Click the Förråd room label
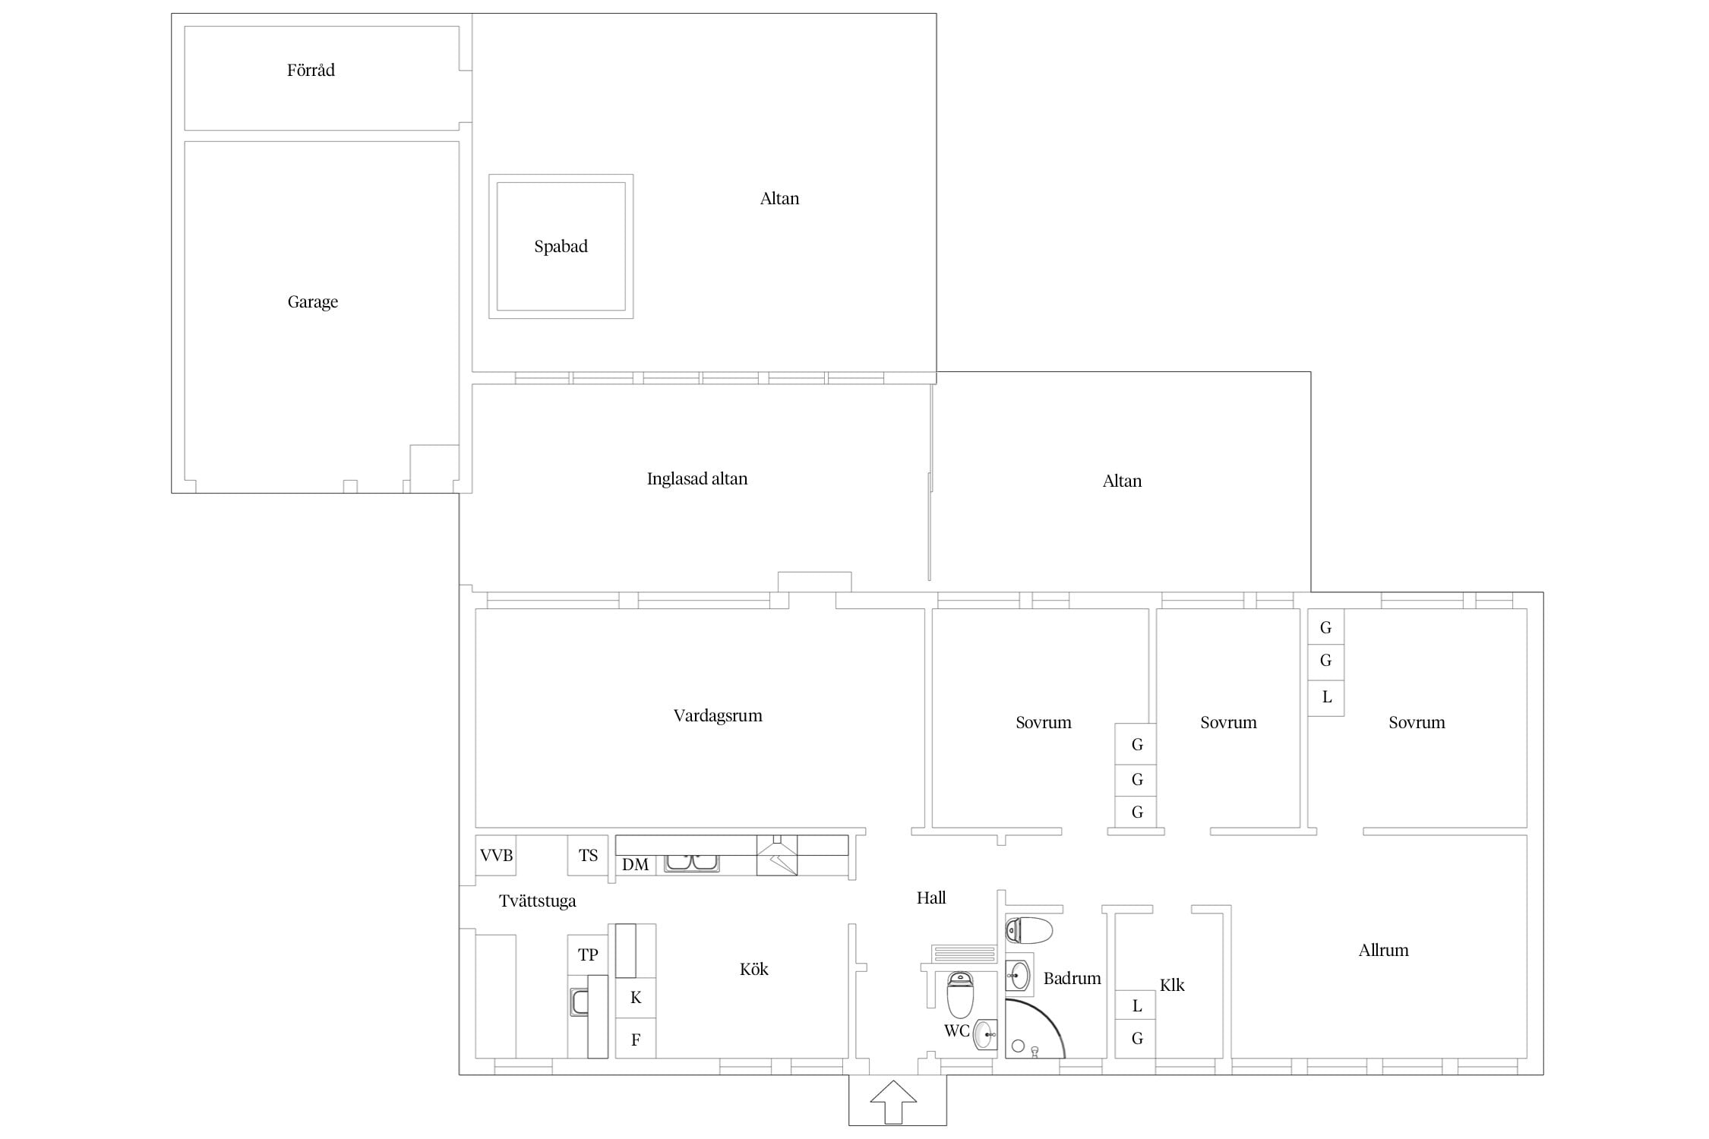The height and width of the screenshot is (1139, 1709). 311,70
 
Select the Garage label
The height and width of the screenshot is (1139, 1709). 312,302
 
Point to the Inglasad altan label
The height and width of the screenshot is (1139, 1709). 697,478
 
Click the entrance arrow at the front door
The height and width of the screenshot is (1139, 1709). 893,1102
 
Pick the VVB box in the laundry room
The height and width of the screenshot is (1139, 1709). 496,856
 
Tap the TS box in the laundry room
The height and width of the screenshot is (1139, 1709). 588,856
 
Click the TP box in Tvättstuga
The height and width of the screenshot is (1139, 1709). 588,955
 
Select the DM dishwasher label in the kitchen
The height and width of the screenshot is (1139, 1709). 635,864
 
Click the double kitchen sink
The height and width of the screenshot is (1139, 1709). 691,863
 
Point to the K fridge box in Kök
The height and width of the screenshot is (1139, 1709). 636,998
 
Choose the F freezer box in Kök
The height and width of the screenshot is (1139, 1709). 636,1039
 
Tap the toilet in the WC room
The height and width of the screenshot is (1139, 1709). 961,995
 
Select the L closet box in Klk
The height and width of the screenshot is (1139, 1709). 1136,1006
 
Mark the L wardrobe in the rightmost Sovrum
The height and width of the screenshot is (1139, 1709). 1326,697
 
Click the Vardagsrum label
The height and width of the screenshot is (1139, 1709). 718,716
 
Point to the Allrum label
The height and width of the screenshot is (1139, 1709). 1383,950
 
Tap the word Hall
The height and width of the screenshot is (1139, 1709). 931,898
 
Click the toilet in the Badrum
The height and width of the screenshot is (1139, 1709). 1029,929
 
